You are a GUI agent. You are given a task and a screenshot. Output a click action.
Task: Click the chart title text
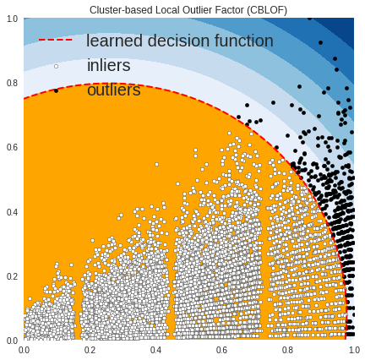[188, 10]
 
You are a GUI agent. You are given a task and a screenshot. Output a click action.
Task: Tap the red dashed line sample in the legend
[56, 40]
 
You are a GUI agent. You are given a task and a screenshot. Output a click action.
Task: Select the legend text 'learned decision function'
[180, 41]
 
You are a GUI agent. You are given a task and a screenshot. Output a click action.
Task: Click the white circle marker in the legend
[56, 67]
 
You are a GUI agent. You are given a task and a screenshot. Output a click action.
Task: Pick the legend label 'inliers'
[109, 65]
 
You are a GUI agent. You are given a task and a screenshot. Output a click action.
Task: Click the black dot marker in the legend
[56, 91]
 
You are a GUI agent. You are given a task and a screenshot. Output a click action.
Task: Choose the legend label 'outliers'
[114, 90]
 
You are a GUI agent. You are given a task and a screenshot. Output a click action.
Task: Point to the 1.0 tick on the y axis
[12, 19]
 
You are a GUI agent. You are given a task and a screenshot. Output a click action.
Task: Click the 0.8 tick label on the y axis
[12, 84]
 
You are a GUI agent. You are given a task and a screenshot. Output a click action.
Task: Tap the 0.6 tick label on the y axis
[12, 148]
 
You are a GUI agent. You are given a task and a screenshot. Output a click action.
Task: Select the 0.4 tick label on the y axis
[12, 212]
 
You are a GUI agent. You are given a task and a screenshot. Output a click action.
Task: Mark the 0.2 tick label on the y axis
[12, 276]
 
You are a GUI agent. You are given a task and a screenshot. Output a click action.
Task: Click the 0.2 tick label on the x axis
[90, 350]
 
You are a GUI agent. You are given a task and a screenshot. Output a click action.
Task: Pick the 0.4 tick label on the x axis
[155, 350]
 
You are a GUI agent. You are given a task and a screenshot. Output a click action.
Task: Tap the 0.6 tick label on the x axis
[221, 350]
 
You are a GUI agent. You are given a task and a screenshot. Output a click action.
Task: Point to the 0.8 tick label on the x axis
[288, 350]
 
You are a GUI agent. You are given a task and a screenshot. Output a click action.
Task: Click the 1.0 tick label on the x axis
[354, 350]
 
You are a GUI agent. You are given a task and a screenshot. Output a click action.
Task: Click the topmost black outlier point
[310, 19]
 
